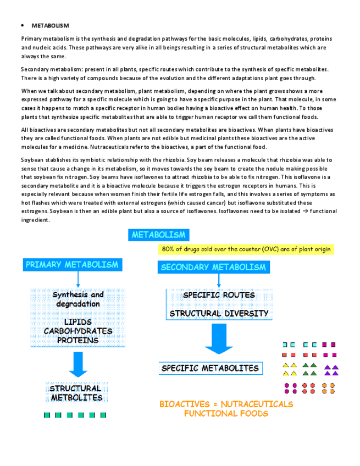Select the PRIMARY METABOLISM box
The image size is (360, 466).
[71, 265]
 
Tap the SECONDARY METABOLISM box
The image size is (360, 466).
[213, 267]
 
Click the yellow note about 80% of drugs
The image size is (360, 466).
[246, 249]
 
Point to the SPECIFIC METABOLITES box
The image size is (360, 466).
[210, 368]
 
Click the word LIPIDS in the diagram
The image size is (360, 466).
[77, 321]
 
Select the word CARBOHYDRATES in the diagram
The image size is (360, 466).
[77, 331]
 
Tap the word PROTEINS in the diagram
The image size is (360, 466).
[77, 340]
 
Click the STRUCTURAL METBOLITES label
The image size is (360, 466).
[76, 392]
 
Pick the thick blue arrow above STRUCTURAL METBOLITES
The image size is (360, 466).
[77, 364]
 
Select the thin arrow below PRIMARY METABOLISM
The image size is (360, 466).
[78, 280]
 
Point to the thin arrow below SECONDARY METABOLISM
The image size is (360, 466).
[219, 281]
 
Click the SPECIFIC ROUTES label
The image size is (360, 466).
[219, 295]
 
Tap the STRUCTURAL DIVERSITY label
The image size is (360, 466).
[219, 314]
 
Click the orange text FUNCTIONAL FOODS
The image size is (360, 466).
[226, 413]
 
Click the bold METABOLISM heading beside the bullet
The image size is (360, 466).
[50, 25]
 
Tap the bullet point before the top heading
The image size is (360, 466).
[23, 25]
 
